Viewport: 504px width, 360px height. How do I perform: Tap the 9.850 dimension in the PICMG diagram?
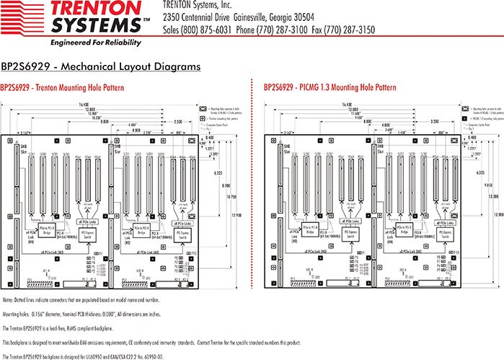point(492,183)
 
